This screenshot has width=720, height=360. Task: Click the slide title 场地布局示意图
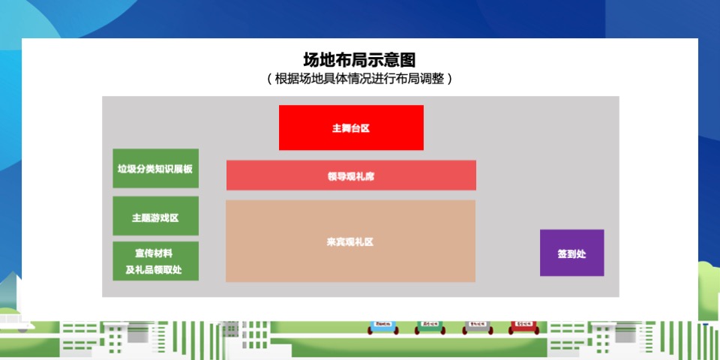(359, 59)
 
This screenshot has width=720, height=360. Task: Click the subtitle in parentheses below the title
(359, 78)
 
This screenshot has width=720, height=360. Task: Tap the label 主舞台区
(351, 128)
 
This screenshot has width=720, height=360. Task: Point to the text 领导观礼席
(351, 177)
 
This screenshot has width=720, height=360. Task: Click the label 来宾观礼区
(350, 242)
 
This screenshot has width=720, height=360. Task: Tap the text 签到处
(571, 253)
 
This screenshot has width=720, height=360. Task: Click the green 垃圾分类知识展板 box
(155, 169)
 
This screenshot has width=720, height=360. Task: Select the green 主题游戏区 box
(155, 217)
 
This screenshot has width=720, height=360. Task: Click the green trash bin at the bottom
(430, 327)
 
